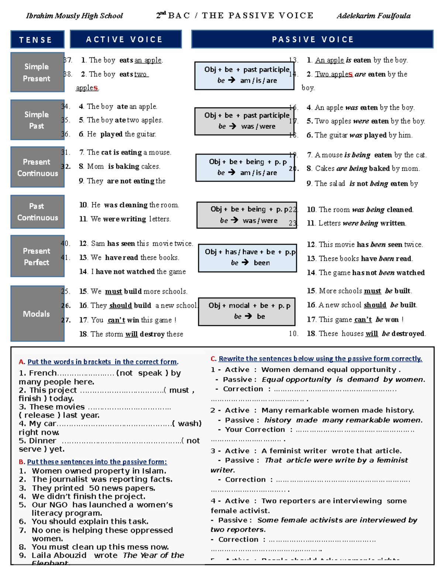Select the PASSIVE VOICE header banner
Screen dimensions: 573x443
[x=312, y=39]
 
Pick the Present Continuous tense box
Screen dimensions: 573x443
[x=37, y=167]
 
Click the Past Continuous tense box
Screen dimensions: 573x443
[x=37, y=212]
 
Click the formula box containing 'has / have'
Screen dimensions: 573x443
[x=247, y=257]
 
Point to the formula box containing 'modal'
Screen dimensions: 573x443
[x=247, y=311]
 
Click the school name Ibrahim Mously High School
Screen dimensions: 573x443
[x=74, y=16]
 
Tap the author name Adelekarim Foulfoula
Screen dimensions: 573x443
[x=373, y=16]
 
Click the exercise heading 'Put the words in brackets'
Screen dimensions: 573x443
[x=103, y=362]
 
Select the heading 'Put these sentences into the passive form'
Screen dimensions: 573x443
[x=97, y=462]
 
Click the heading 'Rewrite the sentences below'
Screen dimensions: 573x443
[x=320, y=359]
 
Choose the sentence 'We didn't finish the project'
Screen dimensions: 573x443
[x=89, y=496]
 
